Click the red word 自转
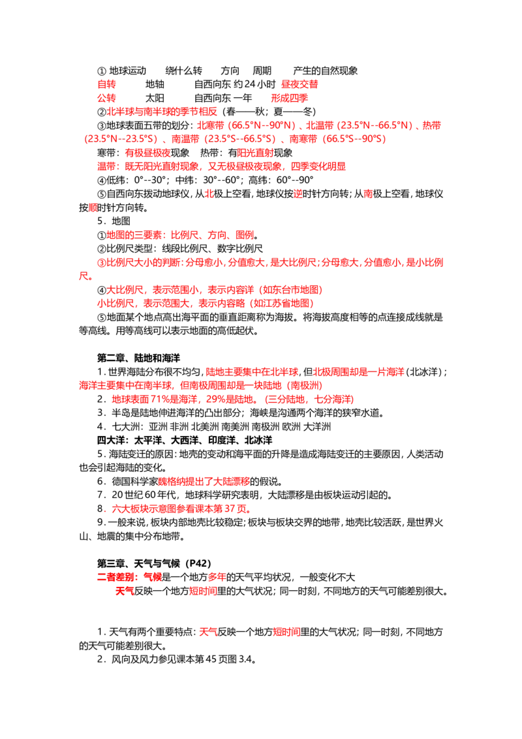[x=106, y=84]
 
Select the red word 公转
[x=106, y=98]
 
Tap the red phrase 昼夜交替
[x=299, y=84]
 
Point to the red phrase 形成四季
[x=289, y=98]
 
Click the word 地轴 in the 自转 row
[x=155, y=84]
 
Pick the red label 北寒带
[x=211, y=125]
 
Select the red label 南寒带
[x=303, y=139]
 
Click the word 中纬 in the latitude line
[x=185, y=180]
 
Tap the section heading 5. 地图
[x=114, y=221]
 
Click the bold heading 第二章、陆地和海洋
[x=138, y=358]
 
